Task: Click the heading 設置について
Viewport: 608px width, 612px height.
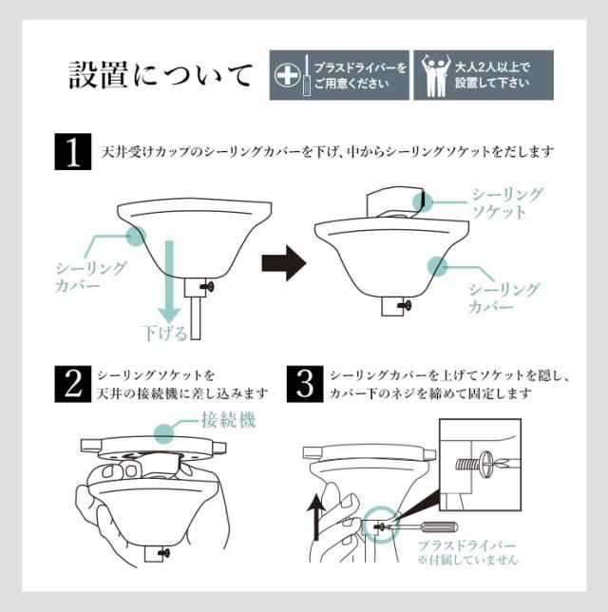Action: pyautogui.click(x=160, y=74)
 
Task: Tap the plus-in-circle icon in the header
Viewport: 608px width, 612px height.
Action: pyautogui.click(x=287, y=75)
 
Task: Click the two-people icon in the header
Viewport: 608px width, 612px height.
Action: pyautogui.click(x=436, y=76)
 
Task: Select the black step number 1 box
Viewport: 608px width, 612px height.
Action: pyautogui.click(x=73, y=151)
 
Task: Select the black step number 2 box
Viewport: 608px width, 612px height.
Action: pyautogui.click(x=73, y=384)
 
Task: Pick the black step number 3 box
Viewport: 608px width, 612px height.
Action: pyautogui.click(x=305, y=384)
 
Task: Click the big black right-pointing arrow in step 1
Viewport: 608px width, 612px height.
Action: pyautogui.click(x=284, y=263)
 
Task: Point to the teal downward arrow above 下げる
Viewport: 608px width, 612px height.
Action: pyautogui.click(x=169, y=282)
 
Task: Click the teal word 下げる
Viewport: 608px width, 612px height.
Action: pyautogui.click(x=165, y=334)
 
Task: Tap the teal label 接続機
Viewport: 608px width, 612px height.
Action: pyautogui.click(x=229, y=421)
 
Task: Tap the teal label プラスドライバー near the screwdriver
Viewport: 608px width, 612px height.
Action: pyautogui.click(x=466, y=545)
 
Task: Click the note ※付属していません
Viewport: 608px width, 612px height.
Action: pyautogui.click(x=467, y=561)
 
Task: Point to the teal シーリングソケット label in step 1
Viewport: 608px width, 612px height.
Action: pyautogui.click(x=507, y=203)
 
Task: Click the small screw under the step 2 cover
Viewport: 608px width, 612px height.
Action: pyautogui.click(x=164, y=553)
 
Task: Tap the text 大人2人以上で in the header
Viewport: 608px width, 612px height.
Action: pyautogui.click(x=492, y=67)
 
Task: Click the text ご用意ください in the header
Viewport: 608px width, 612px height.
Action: pyautogui.click(x=352, y=84)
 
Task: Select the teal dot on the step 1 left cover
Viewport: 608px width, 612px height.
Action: pyautogui.click(x=137, y=236)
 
